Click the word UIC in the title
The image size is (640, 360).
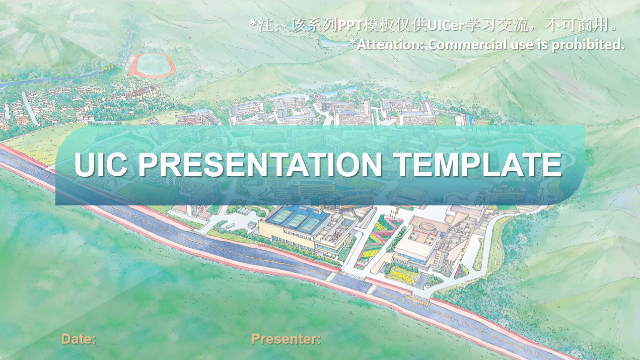click(x=101, y=165)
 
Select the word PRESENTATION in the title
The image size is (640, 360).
click(x=260, y=165)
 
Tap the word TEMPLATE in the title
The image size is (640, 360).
click(x=479, y=165)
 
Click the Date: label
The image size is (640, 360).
click(x=79, y=339)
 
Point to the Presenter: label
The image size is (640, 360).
click(x=286, y=339)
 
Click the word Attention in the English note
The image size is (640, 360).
click(x=390, y=45)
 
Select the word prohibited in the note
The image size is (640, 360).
click(x=588, y=45)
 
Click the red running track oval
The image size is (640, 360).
click(x=152, y=66)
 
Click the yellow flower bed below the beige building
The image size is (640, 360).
click(x=401, y=275)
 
